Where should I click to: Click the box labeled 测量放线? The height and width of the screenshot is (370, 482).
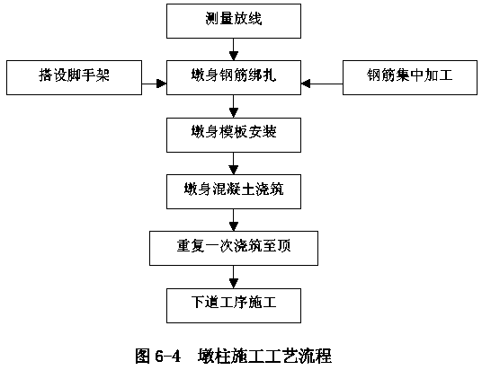pos(234,21)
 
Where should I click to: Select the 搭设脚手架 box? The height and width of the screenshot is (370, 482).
pos(74,77)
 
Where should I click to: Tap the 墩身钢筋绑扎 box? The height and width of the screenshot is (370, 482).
pos(234,77)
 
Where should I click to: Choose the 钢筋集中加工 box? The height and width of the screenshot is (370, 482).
pos(410,77)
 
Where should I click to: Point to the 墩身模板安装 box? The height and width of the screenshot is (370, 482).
pos(234,135)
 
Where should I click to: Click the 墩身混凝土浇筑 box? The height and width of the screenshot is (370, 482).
pos(234,191)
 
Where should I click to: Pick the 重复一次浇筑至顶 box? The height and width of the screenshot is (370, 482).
pos(234,248)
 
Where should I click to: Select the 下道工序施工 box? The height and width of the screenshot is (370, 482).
pos(234,305)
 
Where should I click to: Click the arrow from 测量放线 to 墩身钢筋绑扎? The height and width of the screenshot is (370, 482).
pos(234,49)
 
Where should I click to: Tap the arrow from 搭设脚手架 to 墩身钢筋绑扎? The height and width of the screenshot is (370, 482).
pos(155,84)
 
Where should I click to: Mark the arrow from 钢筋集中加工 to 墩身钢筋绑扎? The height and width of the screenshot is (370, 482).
pos(322,84)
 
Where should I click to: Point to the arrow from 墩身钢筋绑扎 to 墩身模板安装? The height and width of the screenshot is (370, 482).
pos(234,106)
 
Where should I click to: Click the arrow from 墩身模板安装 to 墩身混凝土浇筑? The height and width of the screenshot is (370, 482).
pos(234,163)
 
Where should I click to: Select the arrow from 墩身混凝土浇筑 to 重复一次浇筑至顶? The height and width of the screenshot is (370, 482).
pos(234,220)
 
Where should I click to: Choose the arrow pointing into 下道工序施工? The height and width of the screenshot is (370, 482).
pos(234,277)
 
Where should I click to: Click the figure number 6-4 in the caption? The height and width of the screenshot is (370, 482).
pos(167,357)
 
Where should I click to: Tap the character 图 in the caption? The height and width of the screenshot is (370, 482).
pos(142,357)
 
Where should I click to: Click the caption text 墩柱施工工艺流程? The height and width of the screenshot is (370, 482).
pos(264,357)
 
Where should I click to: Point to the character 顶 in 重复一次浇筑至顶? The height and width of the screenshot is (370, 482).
pos(283,246)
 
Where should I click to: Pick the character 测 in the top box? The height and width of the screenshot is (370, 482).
pos(213,19)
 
